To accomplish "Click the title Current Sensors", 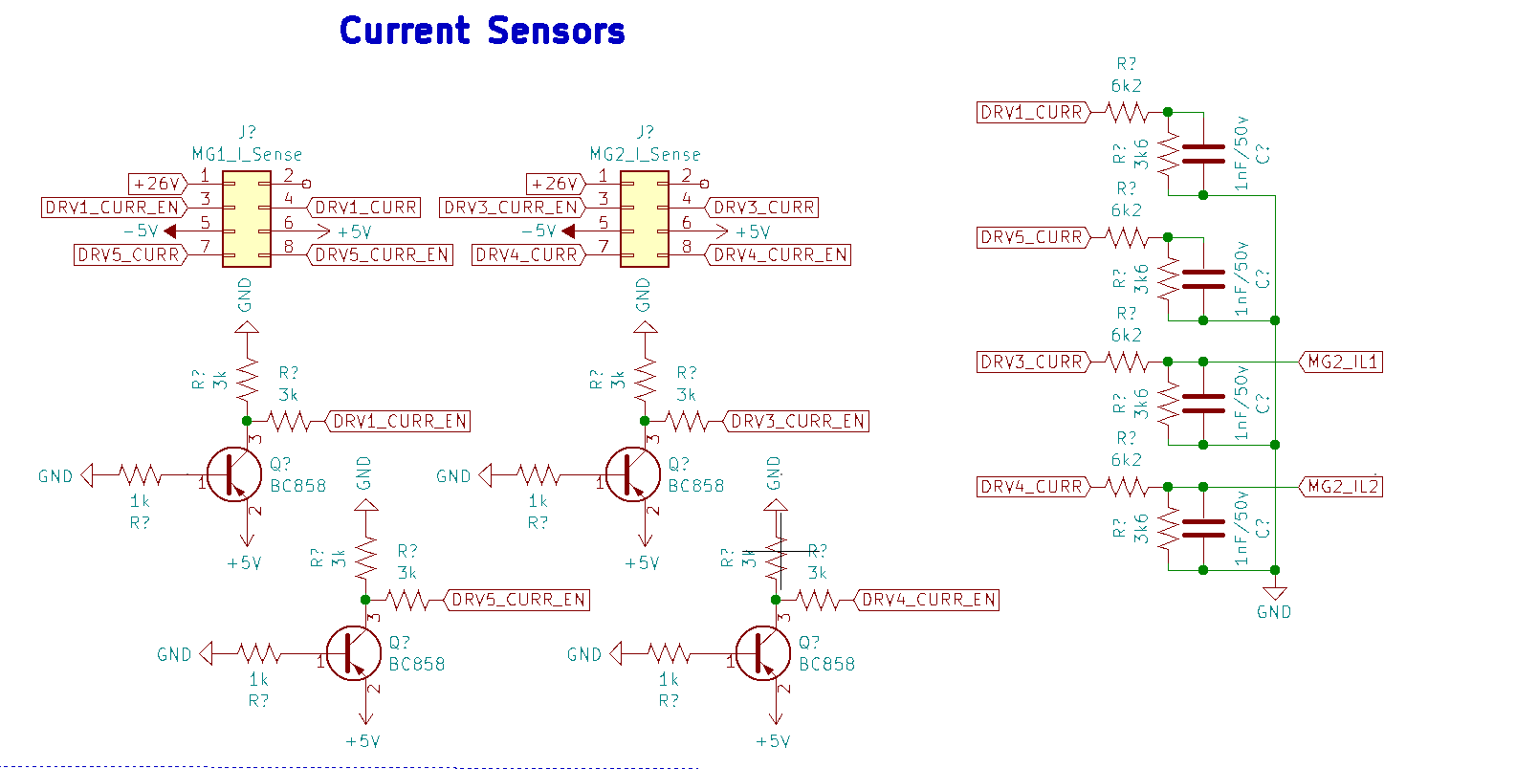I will click(x=482, y=31).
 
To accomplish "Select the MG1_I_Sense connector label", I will click(x=247, y=154).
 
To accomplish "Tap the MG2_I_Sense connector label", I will click(x=645, y=154).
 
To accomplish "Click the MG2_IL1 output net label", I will click(x=1343, y=362).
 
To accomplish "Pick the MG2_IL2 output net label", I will click(x=1343, y=486).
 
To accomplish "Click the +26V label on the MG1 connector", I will click(x=157, y=183).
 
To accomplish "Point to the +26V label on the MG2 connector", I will click(x=555, y=183).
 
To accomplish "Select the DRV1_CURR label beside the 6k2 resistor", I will click(x=1031, y=112).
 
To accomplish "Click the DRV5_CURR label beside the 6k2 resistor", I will click(x=1031, y=236).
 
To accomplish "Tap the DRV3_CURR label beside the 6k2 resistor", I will click(x=1031, y=362).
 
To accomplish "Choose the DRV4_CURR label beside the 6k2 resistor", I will click(x=1031, y=486).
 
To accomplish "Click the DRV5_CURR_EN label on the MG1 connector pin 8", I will click(x=382, y=254).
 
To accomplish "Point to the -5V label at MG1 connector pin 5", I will click(x=141, y=231).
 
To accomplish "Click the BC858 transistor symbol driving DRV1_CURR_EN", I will click(x=234, y=474).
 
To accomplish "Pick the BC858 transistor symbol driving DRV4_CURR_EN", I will click(x=762, y=653).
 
